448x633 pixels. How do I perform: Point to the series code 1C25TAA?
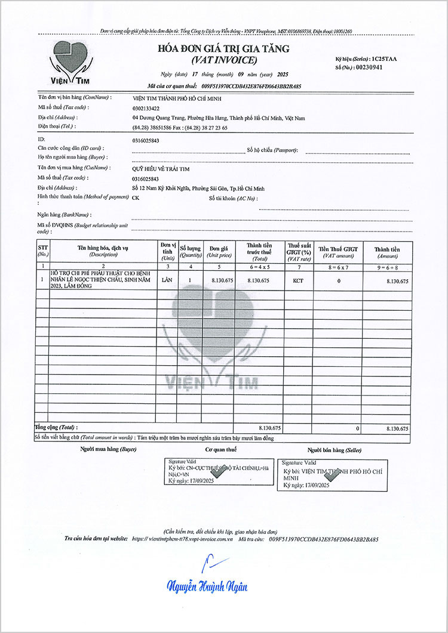(388, 59)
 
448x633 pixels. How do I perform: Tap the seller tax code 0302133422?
(146, 108)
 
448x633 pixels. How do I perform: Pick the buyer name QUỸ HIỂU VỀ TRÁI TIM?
(161, 168)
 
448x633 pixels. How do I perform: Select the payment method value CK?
(136, 197)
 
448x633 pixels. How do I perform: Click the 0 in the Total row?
(358, 428)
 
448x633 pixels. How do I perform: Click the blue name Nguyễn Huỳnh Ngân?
(207, 587)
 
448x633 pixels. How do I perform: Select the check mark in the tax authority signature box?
(218, 472)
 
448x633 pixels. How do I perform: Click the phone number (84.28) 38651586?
(156, 128)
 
